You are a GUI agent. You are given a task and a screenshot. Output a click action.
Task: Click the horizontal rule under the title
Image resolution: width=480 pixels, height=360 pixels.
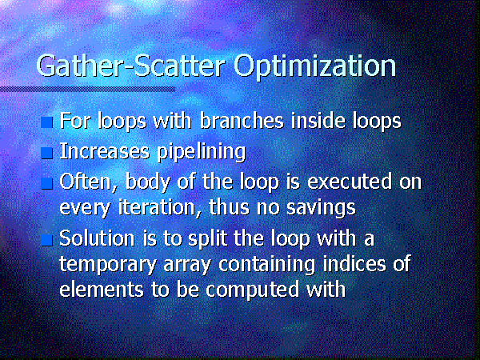(x=88, y=89)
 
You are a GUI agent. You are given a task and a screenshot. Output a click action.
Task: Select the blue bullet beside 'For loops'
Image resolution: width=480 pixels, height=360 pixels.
(x=47, y=122)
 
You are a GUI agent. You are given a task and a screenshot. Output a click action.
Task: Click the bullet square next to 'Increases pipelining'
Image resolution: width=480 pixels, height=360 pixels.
(x=47, y=153)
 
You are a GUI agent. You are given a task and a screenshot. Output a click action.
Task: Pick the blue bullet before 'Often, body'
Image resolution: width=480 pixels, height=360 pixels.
(x=47, y=183)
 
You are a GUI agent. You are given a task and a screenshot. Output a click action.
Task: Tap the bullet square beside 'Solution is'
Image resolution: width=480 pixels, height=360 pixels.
(x=47, y=240)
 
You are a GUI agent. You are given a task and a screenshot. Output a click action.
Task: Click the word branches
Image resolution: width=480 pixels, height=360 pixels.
(x=242, y=121)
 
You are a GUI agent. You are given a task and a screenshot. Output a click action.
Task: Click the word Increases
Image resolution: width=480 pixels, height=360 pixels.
(x=104, y=151)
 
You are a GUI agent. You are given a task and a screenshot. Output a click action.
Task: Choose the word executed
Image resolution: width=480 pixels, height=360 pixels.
(x=349, y=182)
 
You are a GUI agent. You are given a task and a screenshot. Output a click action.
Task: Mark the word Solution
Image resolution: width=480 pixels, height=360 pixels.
(x=97, y=238)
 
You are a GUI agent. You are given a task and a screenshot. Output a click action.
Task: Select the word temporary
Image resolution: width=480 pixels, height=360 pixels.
(x=108, y=266)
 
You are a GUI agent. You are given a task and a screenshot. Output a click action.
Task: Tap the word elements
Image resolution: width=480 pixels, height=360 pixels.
(x=102, y=290)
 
